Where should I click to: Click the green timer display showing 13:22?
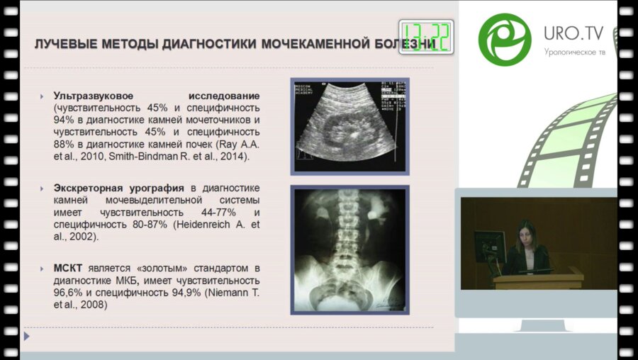[426, 36]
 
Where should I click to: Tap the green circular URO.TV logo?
[505, 38]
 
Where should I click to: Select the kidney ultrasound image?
[349, 125]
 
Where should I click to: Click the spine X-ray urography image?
[349, 250]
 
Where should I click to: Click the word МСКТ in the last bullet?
[67, 269]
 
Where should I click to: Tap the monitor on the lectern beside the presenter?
[489, 245]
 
